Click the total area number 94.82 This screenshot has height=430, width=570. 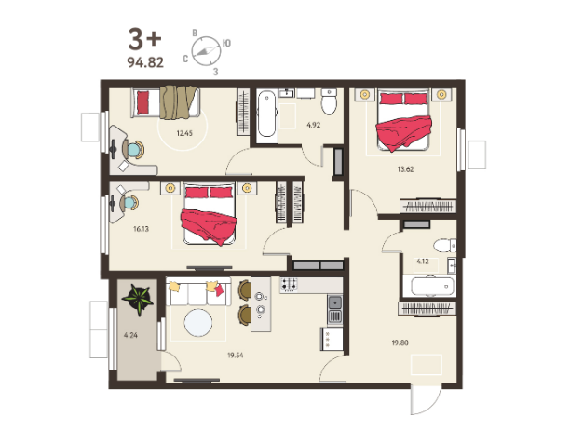coord(145,62)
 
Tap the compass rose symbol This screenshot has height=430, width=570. coord(206,51)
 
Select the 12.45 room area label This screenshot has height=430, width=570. coord(184,133)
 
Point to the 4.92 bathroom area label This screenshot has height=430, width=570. coord(313,125)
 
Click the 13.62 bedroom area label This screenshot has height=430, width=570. coord(405,169)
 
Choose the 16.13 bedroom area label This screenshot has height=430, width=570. coord(141,229)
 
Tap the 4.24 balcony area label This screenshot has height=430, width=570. coord(130,335)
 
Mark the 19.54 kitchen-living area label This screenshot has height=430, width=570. coord(236,356)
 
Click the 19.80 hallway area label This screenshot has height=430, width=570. coord(400,343)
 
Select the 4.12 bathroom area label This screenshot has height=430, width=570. coord(423,262)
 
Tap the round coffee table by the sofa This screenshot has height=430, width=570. coord(198,322)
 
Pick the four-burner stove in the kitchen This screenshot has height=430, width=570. coord(289,285)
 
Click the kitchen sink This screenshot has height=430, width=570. coord(334,309)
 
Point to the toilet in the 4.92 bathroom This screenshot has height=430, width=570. coord(330,101)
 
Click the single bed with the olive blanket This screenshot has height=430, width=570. coord(166,102)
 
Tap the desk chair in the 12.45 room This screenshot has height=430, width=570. coord(133,149)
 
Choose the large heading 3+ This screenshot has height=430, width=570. coord(144,39)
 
